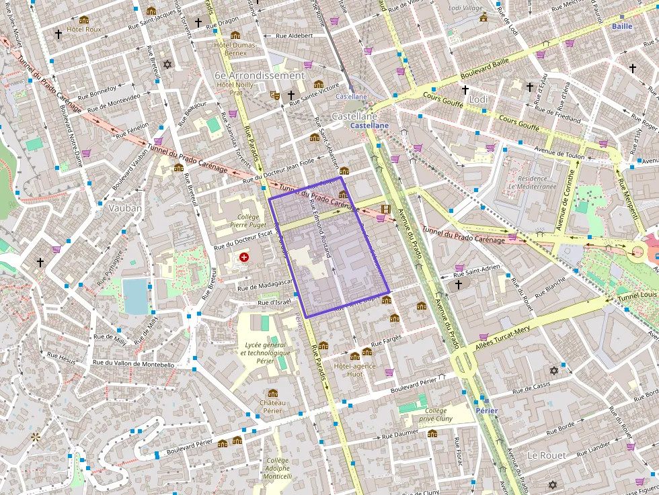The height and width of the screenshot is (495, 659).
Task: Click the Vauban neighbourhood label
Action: pos(125,208)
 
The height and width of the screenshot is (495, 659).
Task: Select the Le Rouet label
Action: pos(546,455)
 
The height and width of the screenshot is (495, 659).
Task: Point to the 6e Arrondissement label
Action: pos(260,75)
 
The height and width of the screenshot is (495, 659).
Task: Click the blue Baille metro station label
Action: pos(622,26)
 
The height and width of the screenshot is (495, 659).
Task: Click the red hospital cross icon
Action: pos(244,257)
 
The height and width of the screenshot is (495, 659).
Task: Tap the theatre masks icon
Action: pos(274,95)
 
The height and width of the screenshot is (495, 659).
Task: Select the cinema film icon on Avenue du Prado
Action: pos(385,209)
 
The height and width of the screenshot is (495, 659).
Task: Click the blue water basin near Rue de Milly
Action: pos(135,296)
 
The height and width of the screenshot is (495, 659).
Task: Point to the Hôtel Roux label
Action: pos(84,30)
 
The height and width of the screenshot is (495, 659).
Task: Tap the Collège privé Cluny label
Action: pos(435,414)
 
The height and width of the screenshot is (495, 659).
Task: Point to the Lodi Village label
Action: pos(465,8)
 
